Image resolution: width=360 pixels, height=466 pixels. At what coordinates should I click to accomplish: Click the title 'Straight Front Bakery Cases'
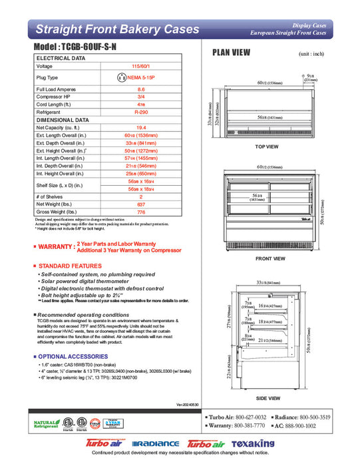116,29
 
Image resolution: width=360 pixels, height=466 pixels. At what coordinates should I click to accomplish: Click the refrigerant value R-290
140,113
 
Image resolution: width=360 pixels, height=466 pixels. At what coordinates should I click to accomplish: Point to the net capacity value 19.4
140,127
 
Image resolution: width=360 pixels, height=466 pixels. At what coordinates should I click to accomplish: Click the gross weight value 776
140,212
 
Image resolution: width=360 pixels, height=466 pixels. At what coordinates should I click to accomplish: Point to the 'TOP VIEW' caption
266,146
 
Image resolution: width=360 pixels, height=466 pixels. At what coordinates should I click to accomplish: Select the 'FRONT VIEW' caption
270,258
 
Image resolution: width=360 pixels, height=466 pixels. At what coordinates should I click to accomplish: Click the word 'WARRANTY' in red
55,247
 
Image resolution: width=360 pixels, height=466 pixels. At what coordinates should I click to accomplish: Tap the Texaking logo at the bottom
253,444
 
